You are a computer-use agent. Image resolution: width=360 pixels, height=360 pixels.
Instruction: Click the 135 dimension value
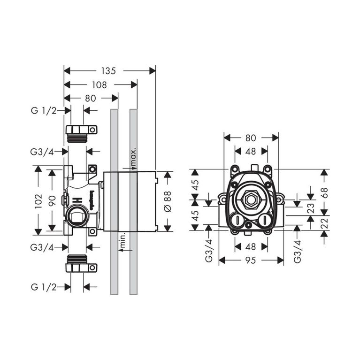click(108, 71)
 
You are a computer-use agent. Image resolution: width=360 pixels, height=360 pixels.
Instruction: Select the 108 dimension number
click(100, 85)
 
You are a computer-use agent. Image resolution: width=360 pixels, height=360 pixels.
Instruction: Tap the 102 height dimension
click(38, 200)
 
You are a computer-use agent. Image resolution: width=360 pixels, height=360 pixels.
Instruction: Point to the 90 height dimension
click(52, 200)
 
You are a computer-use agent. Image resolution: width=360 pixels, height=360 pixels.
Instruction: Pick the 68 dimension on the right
click(324, 192)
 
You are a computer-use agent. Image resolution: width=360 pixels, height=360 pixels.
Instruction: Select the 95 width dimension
click(251, 260)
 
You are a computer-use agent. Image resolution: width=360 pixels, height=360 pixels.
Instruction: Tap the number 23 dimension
click(310, 208)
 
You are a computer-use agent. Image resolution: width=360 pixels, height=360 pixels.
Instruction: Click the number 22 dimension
click(324, 223)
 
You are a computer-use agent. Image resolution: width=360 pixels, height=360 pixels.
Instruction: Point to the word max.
click(134, 157)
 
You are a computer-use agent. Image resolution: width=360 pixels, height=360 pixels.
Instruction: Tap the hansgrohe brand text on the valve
click(92, 198)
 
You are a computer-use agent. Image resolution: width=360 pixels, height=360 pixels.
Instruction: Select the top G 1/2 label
click(44, 111)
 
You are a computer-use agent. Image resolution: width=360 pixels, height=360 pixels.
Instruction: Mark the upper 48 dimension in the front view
click(251, 151)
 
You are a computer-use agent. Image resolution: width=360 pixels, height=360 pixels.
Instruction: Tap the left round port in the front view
click(237, 221)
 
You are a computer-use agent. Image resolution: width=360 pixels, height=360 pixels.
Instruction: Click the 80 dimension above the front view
click(251, 138)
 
